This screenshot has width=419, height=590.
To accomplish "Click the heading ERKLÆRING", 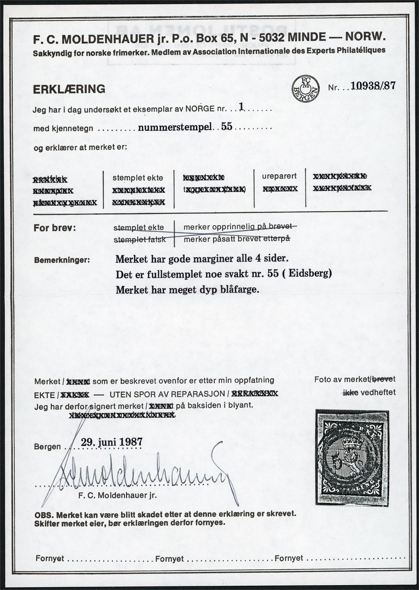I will pos(69,89).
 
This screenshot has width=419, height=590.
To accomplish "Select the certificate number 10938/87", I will pos(373,86).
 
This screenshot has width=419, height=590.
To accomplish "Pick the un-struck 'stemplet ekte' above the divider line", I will pos(138,178).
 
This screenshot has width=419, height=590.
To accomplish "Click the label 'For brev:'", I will pos(54,228).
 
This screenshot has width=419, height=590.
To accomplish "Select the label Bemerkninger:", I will pos(62,260).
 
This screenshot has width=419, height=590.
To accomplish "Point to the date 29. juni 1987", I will pos(112,442).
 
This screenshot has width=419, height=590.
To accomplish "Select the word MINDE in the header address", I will pos(308,37).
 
